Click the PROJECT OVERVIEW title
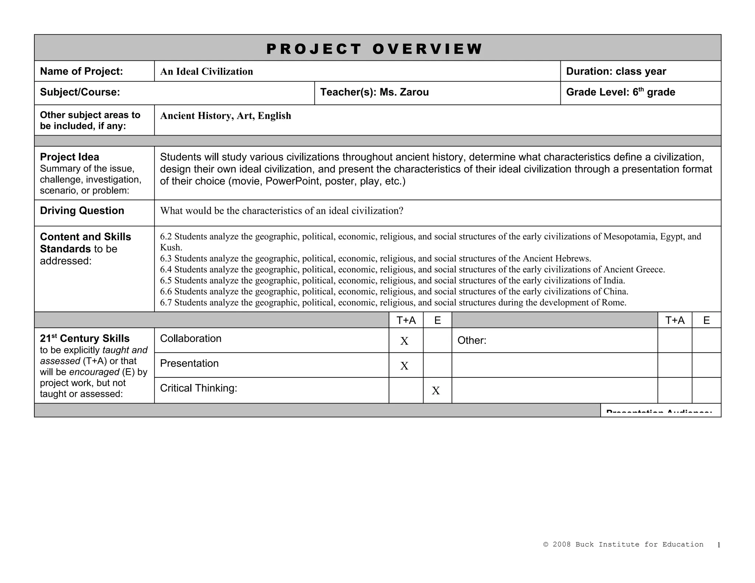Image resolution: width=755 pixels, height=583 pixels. coord(374,49)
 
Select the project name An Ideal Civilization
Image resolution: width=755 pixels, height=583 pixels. coord(206,71)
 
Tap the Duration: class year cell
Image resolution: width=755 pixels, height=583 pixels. coord(616,71)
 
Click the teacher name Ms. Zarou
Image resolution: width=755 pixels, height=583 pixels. coord(404,92)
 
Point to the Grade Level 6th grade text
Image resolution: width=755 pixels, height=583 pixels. coord(620,92)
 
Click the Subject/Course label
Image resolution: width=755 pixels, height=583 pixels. coord(80,92)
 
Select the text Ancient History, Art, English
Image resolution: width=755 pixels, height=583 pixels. coord(226,116)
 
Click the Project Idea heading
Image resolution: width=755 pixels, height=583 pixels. coord(69,157)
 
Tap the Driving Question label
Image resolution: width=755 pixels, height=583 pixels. coord(82,210)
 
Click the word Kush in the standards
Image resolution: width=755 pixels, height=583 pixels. coord(170,247)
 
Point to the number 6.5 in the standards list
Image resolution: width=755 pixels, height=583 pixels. coord(166,280)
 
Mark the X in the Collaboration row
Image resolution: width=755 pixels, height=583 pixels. coord(404,341)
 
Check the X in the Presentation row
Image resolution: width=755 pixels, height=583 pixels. coord(404,366)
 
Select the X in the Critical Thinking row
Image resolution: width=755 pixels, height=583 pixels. coord(436,391)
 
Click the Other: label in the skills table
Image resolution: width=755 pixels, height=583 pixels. coord(472,341)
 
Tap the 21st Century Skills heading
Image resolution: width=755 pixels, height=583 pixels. coord(85,339)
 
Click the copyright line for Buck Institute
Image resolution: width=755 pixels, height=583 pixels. coord(623,544)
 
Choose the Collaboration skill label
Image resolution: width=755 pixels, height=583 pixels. coord(191,339)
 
